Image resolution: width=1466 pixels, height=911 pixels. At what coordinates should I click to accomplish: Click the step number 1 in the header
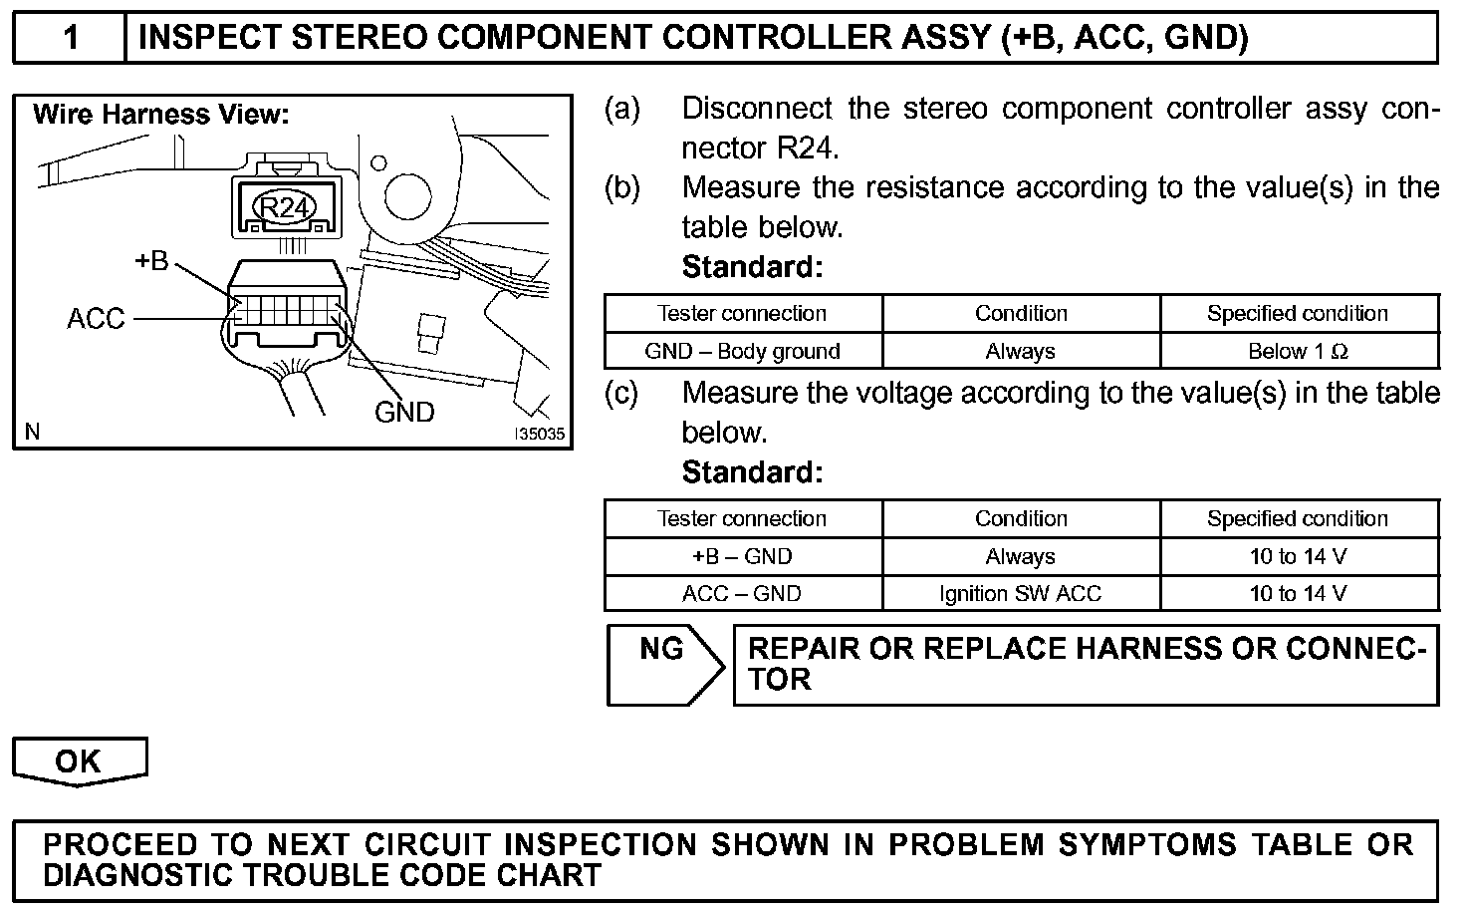coord(70,38)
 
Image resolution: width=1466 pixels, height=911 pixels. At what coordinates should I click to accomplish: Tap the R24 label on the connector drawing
coord(285,207)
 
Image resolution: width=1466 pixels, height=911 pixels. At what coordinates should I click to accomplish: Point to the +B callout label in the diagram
coord(151,262)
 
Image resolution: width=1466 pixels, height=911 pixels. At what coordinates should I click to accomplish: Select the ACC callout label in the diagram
coord(96,319)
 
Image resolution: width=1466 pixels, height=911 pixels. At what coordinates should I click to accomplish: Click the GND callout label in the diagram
coord(404,412)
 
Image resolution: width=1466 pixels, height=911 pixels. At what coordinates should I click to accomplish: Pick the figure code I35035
coord(539,435)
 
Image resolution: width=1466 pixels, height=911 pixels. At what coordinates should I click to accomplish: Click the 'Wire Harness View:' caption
coord(160,115)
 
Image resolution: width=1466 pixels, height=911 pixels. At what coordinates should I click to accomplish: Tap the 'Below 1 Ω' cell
coord(1298,351)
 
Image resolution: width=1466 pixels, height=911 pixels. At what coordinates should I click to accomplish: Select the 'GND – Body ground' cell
coord(742,351)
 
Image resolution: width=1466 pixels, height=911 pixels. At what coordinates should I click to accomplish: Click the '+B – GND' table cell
coord(742,556)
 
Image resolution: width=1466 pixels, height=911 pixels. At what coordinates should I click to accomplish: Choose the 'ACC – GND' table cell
coord(742,594)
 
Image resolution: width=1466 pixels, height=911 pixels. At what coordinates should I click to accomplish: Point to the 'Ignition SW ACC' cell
coord(1020,594)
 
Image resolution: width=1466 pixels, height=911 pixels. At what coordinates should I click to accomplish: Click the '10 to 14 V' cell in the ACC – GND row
coord(1298,594)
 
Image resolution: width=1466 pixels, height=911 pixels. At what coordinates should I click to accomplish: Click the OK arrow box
coord(79,761)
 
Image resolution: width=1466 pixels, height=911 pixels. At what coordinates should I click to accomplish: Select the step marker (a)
coord(622,109)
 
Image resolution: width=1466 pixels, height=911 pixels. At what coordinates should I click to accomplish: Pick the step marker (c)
coord(622,393)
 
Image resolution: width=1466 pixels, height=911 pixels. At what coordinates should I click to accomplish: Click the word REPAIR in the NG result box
coord(804,649)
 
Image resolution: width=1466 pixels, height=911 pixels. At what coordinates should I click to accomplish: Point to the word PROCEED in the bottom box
coord(121,844)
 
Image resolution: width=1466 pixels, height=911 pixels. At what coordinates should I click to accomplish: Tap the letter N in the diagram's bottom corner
coord(33,432)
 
